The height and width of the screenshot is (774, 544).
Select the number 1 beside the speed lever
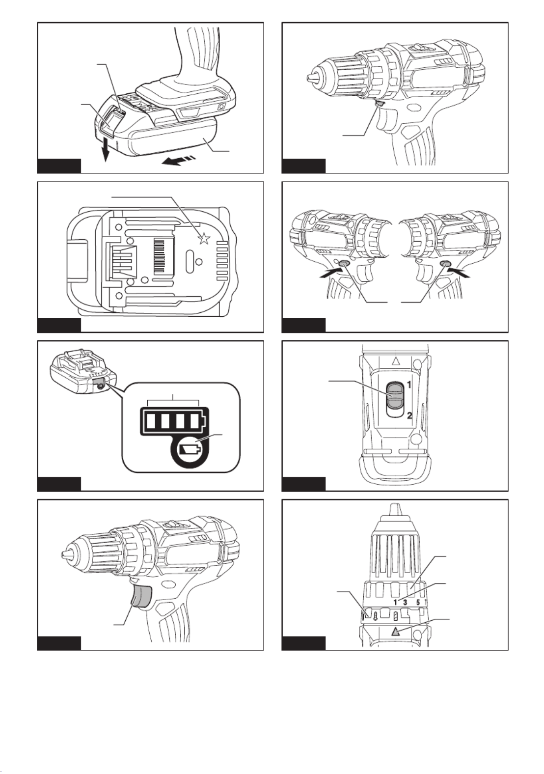click(x=408, y=384)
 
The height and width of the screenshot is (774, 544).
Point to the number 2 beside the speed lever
click(x=408, y=415)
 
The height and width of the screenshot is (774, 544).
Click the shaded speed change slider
click(x=395, y=396)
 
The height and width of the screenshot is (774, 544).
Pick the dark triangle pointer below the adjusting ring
click(x=396, y=632)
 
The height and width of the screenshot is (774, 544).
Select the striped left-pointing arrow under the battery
click(x=179, y=160)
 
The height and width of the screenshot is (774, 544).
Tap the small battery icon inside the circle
click(x=191, y=448)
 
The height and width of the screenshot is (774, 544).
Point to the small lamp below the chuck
click(x=380, y=104)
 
